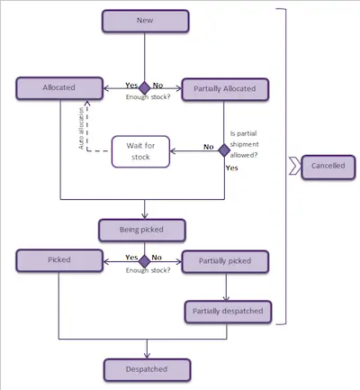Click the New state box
point(146,21)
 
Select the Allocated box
point(59,88)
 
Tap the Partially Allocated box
point(225,89)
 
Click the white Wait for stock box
point(140,151)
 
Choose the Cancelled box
point(328,167)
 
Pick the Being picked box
point(142,231)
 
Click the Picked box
point(59,260)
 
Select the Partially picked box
point(225,262)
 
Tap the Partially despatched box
point(228,312)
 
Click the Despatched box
point(148,370)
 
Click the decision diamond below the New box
point(145,88)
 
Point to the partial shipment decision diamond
point(224,150)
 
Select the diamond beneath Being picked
point(145,261)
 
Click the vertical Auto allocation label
point(81,128)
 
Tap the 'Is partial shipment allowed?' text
point(244,144)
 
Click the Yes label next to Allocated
point(131,86)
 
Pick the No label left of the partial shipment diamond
point(209,147)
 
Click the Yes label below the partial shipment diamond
point(231,168)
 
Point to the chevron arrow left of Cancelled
point(295,166)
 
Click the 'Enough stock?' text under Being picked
point(148,270)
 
